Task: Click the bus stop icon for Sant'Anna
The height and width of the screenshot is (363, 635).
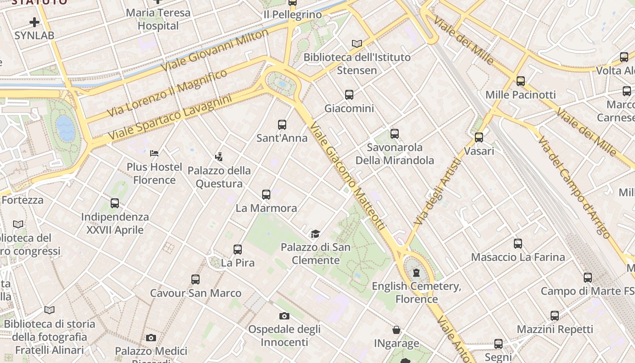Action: tap(282, 124)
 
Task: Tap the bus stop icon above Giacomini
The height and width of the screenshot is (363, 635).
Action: tap(349, 95)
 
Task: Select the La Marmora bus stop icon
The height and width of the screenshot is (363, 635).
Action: tap(266, 195)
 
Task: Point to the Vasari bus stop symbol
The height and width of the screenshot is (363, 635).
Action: tap(479, 137)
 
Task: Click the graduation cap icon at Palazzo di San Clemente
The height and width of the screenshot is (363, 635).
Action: tap(315, 234)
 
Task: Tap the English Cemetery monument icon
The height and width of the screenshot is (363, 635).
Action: tap(416, 273)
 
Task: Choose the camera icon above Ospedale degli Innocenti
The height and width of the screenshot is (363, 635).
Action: tap(284, 316)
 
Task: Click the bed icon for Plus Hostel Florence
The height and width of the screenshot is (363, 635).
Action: tap(154, 153)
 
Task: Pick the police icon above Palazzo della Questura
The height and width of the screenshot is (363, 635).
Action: tap(219, 157)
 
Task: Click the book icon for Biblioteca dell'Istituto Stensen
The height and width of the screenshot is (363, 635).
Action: tap(357, 44)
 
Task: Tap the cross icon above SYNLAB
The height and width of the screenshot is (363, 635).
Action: tap(34, 22)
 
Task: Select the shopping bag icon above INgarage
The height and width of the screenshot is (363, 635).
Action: tap(396, 330)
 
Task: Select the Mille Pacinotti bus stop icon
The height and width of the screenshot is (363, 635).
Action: tap(521, 81)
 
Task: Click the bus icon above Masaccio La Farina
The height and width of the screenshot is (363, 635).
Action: tap(518, 244)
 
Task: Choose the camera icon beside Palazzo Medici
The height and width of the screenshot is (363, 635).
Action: tap(151, 338)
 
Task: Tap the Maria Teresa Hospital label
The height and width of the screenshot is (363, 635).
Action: tap(158, 19)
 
